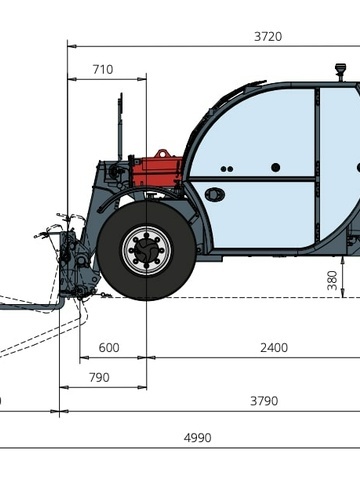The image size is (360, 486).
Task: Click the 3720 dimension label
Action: pos(268,36)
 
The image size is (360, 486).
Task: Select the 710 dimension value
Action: pos(103,69)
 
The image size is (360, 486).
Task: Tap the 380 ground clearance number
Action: pos(332,280)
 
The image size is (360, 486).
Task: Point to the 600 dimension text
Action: pos(109,348)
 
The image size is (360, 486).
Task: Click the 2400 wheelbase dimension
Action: pos(274,348)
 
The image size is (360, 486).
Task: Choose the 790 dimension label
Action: pos(99,377)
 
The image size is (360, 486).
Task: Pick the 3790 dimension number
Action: pos(264,401)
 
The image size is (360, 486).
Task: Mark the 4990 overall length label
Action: pos(197,437)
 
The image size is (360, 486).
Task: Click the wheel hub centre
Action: pos(147,250)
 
